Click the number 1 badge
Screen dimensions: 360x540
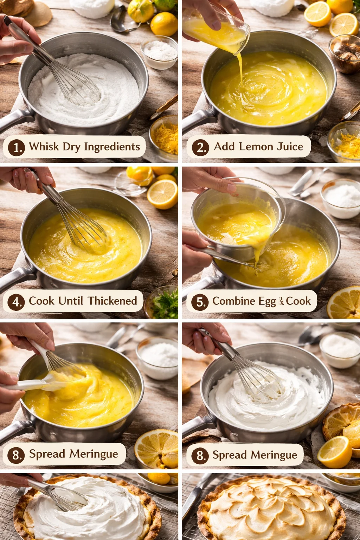tap(17, 147)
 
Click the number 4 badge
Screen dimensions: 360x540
tap(16, 302)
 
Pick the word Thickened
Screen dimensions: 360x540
tap(112, 301)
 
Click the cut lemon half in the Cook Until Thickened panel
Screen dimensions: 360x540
tap(162, 194)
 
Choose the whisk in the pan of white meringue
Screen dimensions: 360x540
tap(246, 368)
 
